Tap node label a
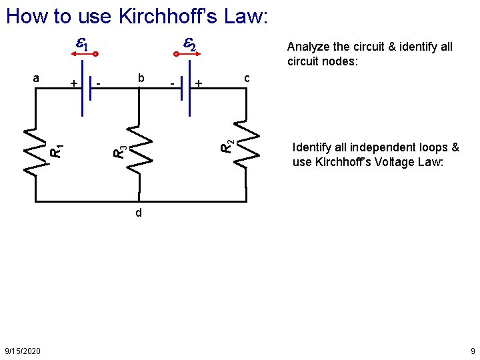pyautogui.click(x=37, y=78)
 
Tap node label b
pyautogui.click(x=140, y=78)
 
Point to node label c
pyautogui.click(x=247, y=78)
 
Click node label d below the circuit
pyautogui.click(x=138, y=213)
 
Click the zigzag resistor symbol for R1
pyautogui.click(x=33, y=151)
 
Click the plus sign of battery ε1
pyautogui.click(x=73, y=83)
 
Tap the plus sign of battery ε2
pyautogui.click(x=199, y=83)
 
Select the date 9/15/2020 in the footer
pyautogui.click(x=22, y=351)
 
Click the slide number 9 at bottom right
pyautogui.click(x=472, y=351)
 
